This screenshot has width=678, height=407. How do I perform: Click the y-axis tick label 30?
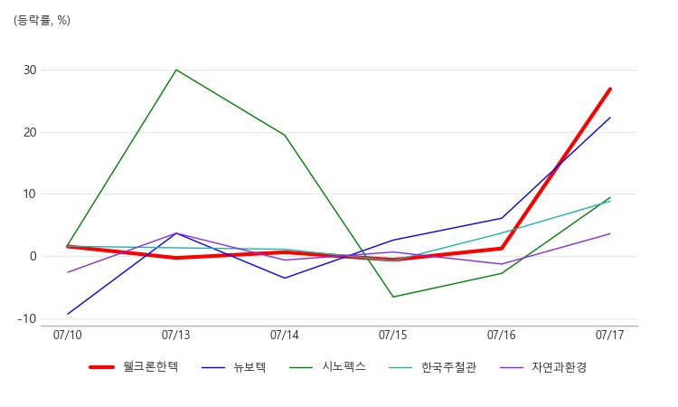[x=30, y=70]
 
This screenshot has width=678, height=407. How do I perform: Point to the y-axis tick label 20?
[x=30, y=132]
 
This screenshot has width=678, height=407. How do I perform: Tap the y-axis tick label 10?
[x=30, y=194]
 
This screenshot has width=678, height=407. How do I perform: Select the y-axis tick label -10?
[x=27, y=318]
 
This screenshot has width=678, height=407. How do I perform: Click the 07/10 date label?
[x=68, y=336]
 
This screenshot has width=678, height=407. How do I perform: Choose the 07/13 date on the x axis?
[x=175, y=336]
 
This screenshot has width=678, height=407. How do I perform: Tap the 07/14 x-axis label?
[x=284, y=336]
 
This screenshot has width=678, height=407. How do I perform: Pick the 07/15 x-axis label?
[x=392, y=336]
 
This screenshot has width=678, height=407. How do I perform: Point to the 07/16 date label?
[x=501, y=336]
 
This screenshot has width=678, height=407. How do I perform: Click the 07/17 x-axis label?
[x=609, y=336]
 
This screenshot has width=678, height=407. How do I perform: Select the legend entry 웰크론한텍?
[x=134, y=367]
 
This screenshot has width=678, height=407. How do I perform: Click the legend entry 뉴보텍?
[x=234, y=367]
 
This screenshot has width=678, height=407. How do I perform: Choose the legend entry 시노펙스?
[x=328, y=367]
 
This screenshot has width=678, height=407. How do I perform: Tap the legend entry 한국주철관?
[x=432, y=367]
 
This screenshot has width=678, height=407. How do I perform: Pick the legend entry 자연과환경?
[x=543, y=367]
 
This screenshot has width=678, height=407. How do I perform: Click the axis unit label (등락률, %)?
[x=42, y=20]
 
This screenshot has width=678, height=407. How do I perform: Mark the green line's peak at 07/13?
[x=176, y=70]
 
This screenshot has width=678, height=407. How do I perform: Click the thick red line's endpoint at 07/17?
[x=609, y=90]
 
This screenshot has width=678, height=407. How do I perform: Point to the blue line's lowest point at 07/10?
[x=68, y=314]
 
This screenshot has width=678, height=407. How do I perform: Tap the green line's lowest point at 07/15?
[x=393, y=297]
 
